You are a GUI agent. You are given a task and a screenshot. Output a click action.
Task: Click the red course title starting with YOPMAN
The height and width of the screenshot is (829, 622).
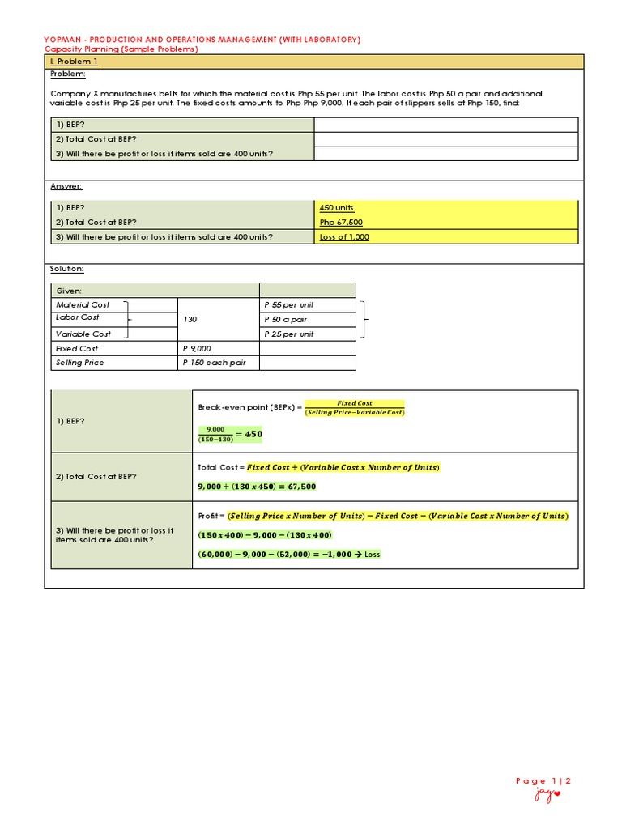click(202, 40)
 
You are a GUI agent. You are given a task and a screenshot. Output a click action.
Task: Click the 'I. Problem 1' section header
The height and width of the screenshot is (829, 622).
click(74, 62)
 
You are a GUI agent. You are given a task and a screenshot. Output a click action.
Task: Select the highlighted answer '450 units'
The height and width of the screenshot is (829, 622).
click(337, 208)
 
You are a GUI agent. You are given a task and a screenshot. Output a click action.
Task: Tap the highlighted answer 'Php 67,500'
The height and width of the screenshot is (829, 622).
click(341, 222)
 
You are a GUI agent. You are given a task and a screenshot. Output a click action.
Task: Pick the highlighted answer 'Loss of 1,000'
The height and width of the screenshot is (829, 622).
click(344, 236)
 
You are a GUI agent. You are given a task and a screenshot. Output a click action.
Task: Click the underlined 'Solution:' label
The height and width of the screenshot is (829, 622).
click(66, 269)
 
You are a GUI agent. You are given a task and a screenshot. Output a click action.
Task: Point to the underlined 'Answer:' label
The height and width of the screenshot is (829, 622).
click(66, 186)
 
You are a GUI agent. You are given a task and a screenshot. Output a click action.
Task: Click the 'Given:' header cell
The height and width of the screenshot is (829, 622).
click(69, 291)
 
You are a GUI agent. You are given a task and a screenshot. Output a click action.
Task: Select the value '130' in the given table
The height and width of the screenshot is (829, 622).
click(190, 320)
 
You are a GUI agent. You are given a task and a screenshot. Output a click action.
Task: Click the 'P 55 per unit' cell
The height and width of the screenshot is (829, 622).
click(289, 305)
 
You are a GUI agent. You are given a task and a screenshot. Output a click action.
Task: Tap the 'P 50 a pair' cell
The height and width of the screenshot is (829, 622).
click(285, 320)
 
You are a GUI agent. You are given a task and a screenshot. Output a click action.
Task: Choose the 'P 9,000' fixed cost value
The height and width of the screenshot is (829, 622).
click(197, 348)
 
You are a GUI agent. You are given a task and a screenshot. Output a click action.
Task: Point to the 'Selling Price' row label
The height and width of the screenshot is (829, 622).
click(79, 363)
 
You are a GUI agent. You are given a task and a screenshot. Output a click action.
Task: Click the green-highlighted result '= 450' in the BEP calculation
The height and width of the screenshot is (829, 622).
click(250, 434)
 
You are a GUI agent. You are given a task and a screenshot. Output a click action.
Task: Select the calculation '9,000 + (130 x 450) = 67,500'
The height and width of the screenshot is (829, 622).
click(257, 487)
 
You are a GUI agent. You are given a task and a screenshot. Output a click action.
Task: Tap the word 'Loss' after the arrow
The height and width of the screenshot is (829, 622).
click(372, 554)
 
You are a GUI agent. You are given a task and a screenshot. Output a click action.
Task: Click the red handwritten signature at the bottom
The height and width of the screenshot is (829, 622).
click(546, 797)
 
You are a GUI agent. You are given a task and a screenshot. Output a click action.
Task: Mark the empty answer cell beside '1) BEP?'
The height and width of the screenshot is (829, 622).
click(445, 125)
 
